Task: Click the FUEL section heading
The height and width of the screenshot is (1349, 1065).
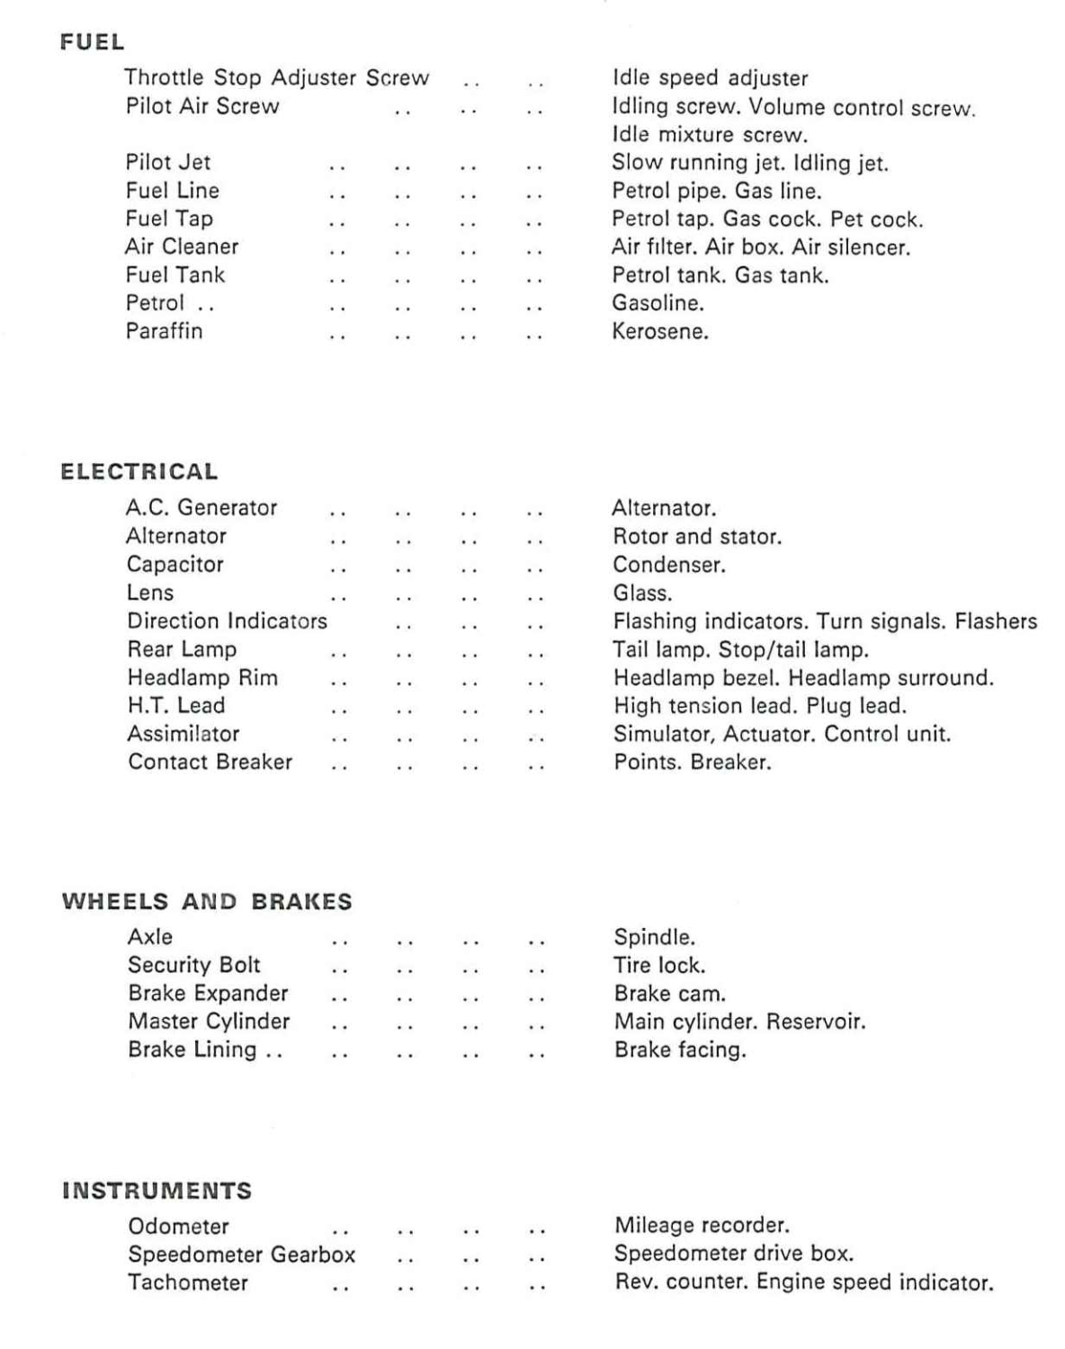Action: pos(92,42)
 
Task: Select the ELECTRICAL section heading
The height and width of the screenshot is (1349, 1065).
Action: pos(139,472)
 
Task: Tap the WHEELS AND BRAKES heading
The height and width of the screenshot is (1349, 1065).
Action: pos(207,902)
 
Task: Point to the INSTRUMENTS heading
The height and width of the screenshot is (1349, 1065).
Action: pos(157,1192)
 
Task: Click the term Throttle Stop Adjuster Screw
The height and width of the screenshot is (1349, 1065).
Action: pos(276,78)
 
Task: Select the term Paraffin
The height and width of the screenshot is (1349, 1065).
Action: pos(164,331)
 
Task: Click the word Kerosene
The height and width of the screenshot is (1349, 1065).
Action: pos(659,331)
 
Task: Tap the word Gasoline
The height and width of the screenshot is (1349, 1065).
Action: pos(658,303)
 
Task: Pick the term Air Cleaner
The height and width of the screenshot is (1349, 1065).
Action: pos(182,246)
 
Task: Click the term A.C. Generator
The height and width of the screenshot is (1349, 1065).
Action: pos(201,507)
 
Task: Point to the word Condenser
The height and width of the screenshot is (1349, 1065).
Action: pos(668,565)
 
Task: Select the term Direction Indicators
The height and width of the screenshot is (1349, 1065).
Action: pos(227,621)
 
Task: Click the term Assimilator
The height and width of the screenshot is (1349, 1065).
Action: pos(183,734)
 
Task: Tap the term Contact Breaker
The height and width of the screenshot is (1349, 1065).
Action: pos(210,762)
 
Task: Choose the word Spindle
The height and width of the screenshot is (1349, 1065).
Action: pos(654,937)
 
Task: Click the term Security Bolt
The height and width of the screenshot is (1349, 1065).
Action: pos(193,965)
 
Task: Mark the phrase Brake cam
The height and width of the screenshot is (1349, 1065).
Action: pos(669,994)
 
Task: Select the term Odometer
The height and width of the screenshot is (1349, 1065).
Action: pos(178,1226)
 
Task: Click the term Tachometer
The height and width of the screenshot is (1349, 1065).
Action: pos(187,1282)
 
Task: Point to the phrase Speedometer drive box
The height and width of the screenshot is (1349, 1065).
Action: pos(733,1254)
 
